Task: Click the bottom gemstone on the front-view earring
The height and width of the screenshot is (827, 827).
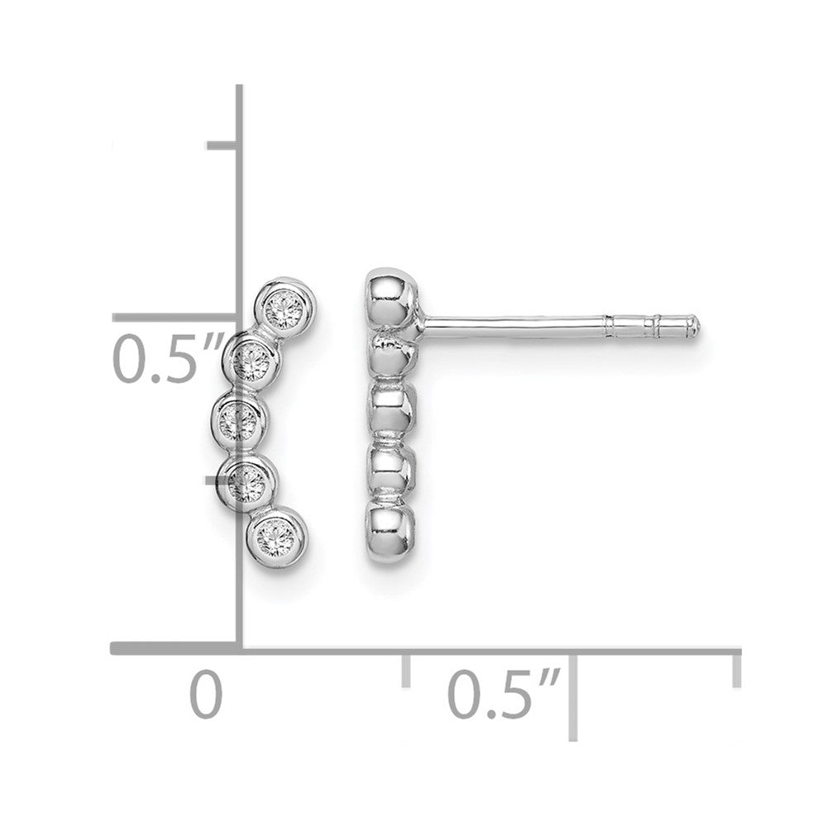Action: tap(273, 535)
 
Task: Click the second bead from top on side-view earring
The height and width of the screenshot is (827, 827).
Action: tap(391, 351)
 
